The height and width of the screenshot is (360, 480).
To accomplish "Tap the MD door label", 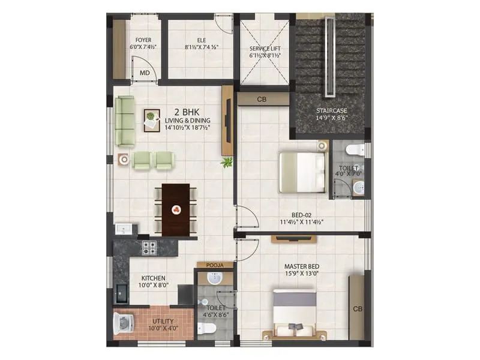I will coord(145,73).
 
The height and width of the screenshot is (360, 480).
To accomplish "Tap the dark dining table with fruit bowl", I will coord(176,209).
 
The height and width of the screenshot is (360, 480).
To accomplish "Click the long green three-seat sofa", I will coord(125,121).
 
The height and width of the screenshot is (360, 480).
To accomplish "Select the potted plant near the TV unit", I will coord(227,162).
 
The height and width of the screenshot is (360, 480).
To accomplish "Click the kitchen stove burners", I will coord(149,245).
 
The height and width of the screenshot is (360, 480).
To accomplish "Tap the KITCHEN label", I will coord(154,278).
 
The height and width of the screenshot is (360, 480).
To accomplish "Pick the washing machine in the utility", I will coord(124,324).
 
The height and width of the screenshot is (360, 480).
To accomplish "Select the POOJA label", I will coord(214,265).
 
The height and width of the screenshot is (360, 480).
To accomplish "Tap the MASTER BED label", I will coord(301,266).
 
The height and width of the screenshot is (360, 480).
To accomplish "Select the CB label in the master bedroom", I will coord(357,309).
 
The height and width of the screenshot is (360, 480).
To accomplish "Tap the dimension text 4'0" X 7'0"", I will coord(347,175).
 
